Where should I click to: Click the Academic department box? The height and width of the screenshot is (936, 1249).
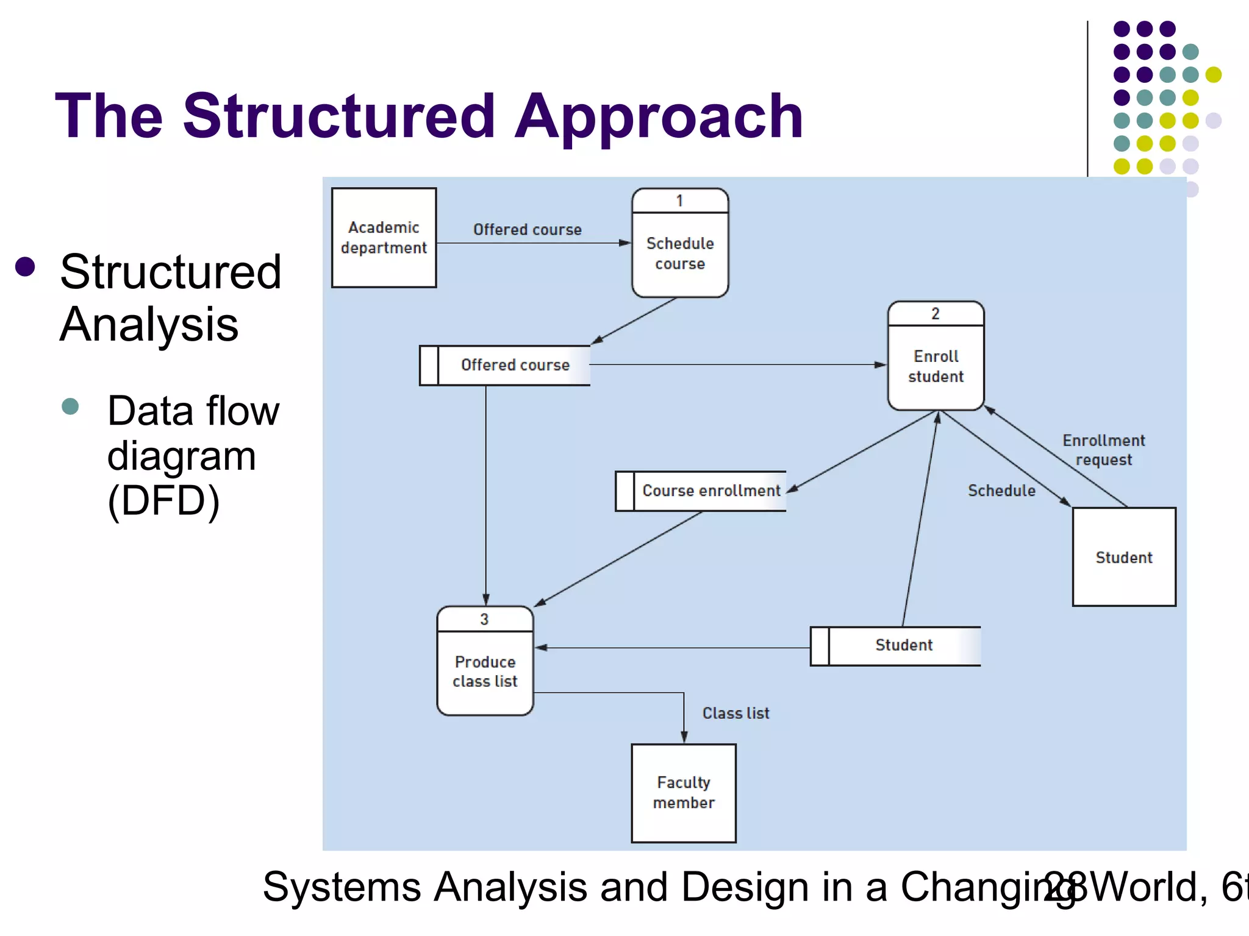point(384,238)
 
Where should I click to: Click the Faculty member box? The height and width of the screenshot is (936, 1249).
point(684,793)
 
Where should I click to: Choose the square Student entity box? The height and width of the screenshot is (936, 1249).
point(1124,557)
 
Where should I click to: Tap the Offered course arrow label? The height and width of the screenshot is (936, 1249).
point(528,230)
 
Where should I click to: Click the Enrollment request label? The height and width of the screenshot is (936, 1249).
point(1104,450)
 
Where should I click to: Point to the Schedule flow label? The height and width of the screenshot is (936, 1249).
point(1001,491)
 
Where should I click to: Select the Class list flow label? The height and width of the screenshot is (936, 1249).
point(735,713)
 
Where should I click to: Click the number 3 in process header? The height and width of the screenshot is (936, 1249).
point(484,620)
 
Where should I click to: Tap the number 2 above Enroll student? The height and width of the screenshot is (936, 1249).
point(936,314)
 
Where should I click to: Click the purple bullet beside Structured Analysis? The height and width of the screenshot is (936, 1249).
point(26,267)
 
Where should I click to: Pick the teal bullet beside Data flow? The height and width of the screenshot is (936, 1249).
point(71,406)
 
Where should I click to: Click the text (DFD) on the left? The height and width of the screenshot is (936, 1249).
point(163,501)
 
